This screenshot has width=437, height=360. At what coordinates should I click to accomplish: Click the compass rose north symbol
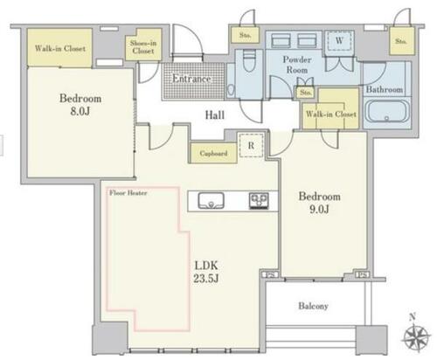[416, 337]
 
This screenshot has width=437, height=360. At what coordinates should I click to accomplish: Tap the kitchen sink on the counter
[212, 201]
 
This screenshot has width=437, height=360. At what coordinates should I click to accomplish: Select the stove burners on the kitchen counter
[259, 201]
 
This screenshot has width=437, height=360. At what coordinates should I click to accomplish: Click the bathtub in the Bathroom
[386, 111]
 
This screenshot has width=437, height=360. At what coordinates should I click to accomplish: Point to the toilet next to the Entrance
[249, 61]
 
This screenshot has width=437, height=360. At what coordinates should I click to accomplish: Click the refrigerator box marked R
[251, 145]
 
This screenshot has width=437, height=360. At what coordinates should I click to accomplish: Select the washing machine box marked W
[339, 41]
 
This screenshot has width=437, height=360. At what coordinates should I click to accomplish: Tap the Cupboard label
[213, 153]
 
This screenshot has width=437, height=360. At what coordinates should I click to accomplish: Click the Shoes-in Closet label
[143, 47]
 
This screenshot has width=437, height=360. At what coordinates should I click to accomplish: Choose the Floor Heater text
[128, 193]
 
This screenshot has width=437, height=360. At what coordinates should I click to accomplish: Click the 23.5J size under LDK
[206, 279]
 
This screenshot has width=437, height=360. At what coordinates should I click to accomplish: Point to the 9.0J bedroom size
[320, 209]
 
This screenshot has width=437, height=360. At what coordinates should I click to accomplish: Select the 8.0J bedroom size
[80, 111]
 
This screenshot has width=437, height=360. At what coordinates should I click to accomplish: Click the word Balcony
[313, 306]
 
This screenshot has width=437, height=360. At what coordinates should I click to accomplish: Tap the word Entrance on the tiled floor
[191, 79]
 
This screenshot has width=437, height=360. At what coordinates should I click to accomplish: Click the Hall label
[215, 115]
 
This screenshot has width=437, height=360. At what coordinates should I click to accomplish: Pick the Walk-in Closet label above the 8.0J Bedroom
[60, 48]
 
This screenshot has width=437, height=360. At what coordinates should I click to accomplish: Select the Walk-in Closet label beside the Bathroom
[331, 114]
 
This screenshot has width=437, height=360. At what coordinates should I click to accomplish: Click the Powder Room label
[297, 65]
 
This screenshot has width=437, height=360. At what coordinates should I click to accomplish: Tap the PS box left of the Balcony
[270, 274]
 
